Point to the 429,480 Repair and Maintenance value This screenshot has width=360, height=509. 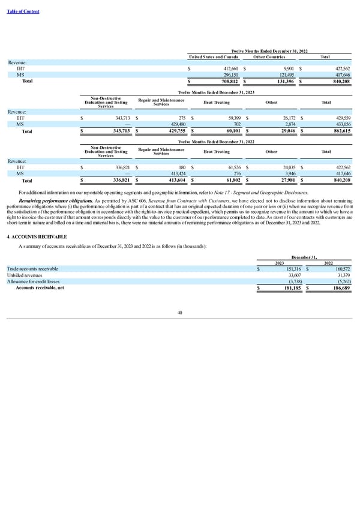point(174,124)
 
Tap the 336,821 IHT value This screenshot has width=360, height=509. point(117,166)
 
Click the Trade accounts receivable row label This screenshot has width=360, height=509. point(32,268)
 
